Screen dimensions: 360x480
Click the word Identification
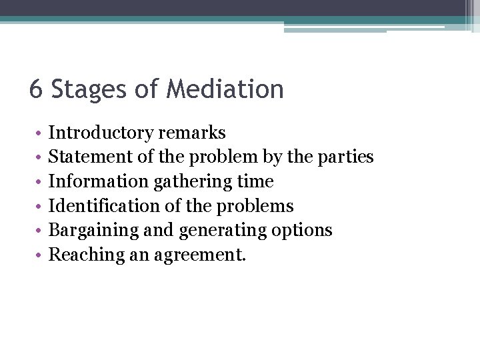click(105, 206)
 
